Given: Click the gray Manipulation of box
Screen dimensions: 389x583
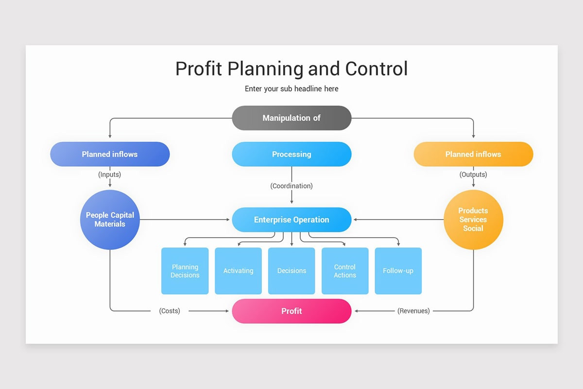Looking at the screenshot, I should point(291,118).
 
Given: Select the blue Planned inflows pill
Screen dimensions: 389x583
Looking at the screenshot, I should point(110,154).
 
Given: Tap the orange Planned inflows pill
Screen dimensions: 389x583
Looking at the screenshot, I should point(473,154).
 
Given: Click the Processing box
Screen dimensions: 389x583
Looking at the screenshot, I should point(291,154).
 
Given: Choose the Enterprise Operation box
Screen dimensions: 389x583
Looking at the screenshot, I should point(291,220).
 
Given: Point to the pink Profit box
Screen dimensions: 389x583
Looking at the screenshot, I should point(291,311).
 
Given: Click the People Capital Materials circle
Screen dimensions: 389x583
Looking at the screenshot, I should point(110,220).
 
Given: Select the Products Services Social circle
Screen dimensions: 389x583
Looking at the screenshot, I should point(473,220).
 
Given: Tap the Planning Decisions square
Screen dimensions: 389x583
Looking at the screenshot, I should point(185,271).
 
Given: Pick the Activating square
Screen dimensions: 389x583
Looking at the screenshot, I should point(238,271).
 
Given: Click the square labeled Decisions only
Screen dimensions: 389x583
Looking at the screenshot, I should point(291,271).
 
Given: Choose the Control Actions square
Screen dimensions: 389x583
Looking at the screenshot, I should point(345,271).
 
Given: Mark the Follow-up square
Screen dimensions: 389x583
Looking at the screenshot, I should point(398,271).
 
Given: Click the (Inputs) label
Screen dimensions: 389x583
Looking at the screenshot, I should point(110,174).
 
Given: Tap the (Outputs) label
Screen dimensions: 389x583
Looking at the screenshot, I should point(473,174).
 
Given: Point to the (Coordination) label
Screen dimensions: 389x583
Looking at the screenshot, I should point(291,186).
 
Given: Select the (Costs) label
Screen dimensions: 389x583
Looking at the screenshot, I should point(170,311).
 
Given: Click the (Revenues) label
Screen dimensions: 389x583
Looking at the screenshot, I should point(413,311).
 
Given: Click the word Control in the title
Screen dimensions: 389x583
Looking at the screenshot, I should point(377,69).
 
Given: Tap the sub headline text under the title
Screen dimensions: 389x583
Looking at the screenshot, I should point(291,88).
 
